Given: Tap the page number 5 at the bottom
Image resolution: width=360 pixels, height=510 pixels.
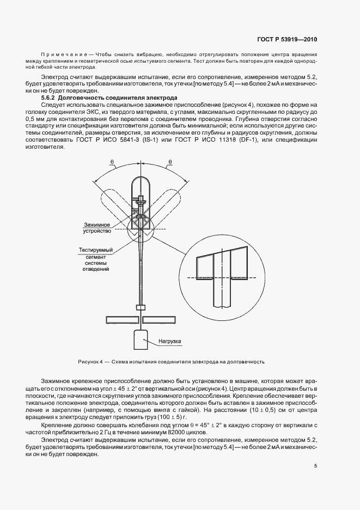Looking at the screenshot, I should point(315,465).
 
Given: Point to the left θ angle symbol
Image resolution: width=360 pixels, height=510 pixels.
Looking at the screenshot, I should point(112,162).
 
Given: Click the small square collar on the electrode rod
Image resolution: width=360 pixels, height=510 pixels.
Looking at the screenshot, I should point(141,308).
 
